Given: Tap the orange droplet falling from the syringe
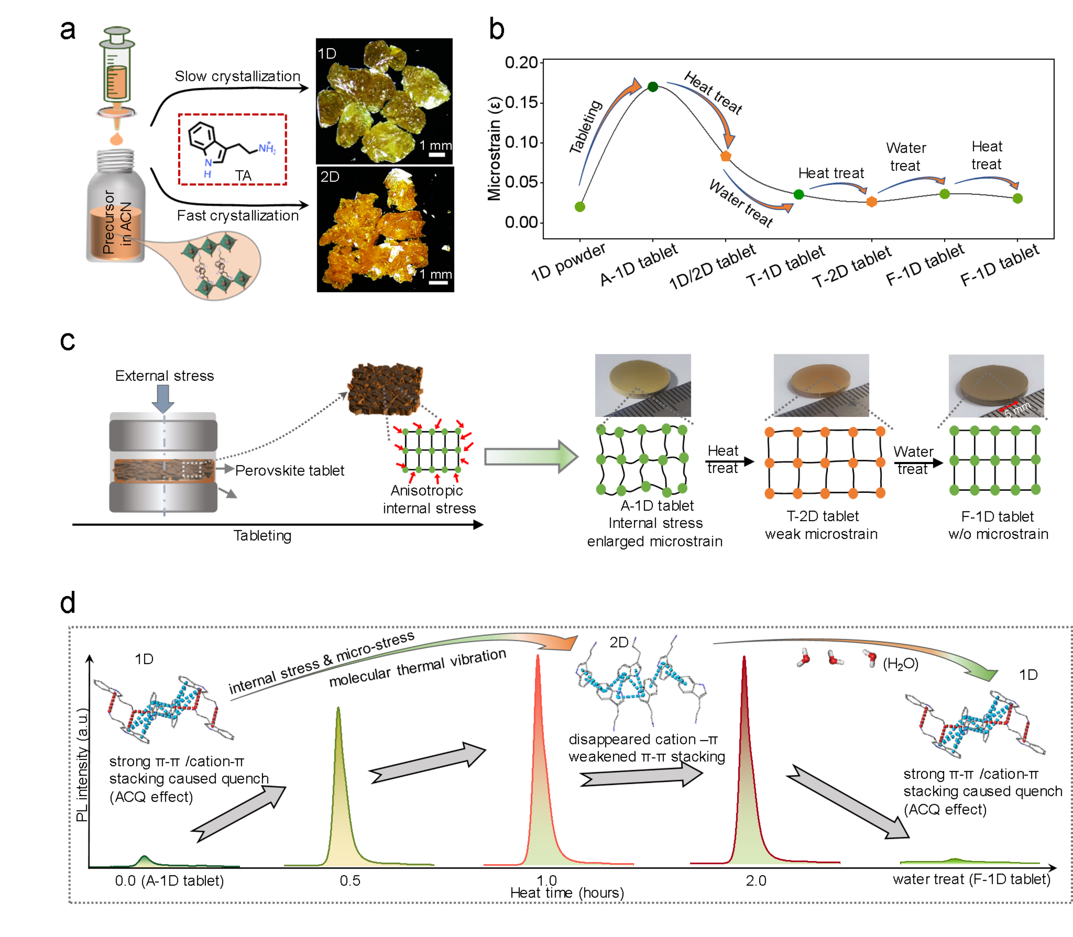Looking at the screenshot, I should [116, 139].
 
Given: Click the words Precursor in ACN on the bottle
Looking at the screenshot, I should [116, 222].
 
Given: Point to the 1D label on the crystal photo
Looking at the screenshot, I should [327, 54].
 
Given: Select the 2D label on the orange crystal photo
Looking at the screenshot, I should [330, 177].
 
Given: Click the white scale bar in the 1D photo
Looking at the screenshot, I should [436, 155].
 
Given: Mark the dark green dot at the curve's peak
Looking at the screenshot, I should [652, 87].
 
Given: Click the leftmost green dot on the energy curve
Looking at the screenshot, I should [580, 207].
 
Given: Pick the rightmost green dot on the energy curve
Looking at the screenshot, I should [1017, 199].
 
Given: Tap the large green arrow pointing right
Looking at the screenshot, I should [531, 457].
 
